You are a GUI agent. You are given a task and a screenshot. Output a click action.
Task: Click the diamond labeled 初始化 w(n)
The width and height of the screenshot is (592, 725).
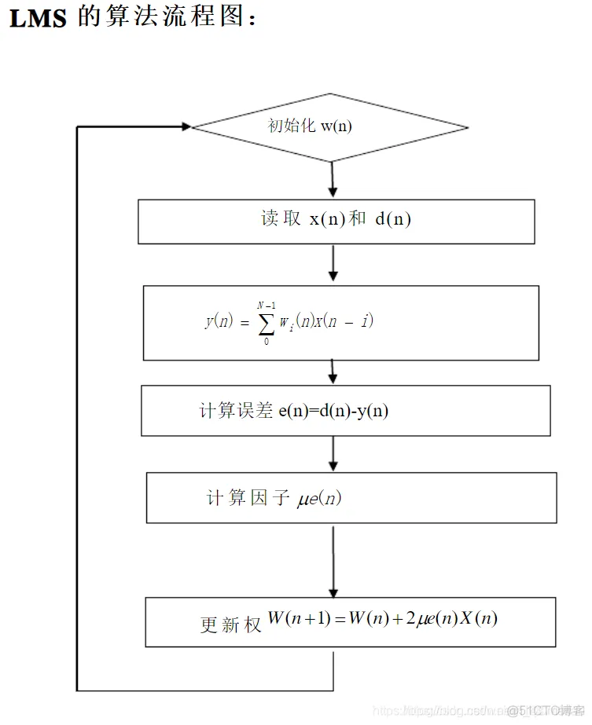click(330, 127)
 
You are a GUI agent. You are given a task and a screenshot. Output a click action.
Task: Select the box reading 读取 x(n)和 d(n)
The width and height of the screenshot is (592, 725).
click(336, 221)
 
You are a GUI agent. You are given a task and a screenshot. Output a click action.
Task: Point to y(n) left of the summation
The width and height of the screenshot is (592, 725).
click(219, 321)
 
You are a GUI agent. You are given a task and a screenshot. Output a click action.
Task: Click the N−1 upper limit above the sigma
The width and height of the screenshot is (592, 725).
click(267, 305)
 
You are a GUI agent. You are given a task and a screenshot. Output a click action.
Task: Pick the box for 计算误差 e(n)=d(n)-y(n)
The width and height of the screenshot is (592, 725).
click(345, 410)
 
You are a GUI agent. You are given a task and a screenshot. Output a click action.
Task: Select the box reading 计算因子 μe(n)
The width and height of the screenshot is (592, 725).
click(351, 497)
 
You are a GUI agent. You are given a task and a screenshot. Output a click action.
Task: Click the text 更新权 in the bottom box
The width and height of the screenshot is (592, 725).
click(230, 624)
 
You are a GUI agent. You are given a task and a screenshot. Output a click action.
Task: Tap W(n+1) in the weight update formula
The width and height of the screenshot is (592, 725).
click(298, 618)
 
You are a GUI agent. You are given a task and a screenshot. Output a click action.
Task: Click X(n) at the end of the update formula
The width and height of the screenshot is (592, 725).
click(476, 618)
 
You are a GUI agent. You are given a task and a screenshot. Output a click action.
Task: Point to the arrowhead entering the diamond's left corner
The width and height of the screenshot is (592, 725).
click(186, 126)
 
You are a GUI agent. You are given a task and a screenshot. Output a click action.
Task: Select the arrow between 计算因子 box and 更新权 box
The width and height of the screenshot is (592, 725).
click(333, 561)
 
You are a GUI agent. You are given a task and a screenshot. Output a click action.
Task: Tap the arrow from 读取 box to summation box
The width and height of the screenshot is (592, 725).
click(333, 264)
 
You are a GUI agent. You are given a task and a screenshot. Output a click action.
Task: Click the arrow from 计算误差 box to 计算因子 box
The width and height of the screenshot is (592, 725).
click(333, 454)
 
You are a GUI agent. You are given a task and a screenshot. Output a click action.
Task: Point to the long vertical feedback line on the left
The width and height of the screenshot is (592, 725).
click(77, 408)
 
